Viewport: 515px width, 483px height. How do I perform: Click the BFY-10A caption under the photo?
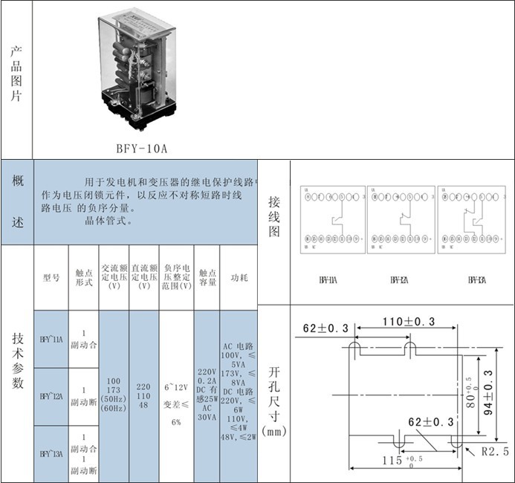(142, 148)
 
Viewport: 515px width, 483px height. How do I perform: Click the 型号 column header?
(51, 277)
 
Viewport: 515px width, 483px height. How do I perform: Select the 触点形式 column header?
(83, 277)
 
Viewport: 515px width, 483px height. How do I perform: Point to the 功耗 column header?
(238, 277)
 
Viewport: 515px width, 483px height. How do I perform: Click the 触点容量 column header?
(207, 277)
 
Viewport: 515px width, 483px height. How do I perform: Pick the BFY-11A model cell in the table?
(51, 338)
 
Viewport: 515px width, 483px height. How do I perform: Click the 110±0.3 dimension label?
(409, 322)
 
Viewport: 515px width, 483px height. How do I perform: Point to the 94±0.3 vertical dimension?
(488, 394)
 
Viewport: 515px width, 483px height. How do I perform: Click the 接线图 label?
(274, 215)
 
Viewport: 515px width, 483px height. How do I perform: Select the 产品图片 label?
(16, 74)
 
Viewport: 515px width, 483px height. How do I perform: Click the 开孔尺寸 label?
(274, 398)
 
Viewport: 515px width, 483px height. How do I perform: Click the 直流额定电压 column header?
(144, 277)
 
